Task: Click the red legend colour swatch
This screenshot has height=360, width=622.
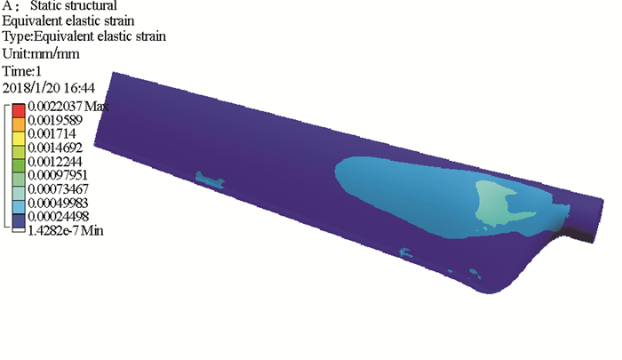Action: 19,110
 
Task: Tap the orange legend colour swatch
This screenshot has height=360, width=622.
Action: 19,124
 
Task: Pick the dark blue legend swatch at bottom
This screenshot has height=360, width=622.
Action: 19,221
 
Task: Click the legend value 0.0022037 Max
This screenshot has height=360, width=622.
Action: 68,107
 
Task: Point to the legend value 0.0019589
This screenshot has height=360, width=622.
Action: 55,120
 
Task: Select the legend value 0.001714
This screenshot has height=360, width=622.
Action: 52,133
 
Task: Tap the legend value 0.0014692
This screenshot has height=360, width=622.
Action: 55,148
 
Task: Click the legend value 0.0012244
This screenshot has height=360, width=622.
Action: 55,162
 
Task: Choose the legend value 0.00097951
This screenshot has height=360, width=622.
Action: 58,175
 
